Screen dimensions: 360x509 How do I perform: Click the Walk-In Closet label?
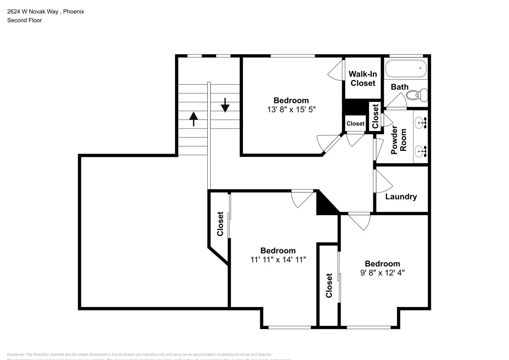tap(363, 78)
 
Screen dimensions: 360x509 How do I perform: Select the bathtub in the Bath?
tap(406, 68)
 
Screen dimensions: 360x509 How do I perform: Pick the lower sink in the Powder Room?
tap(420, 151)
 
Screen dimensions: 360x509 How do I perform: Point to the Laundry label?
tap(401, 197)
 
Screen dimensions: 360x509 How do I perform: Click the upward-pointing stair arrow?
tap(194, 119)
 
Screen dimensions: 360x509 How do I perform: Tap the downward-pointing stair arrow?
tap(225, 105)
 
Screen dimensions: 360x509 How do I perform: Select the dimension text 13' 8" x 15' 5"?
tap(291, 109)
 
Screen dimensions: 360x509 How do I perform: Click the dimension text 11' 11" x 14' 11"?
tap(278, 260)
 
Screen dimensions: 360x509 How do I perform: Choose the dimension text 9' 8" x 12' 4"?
tap(382, 273)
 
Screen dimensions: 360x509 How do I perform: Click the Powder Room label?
tap(399, 140)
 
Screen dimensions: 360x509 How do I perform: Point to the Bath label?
tap(400, 87)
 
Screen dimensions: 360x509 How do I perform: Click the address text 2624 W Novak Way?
tap(33, 12)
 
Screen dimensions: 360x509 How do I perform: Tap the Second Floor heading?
tap(24, 20)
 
